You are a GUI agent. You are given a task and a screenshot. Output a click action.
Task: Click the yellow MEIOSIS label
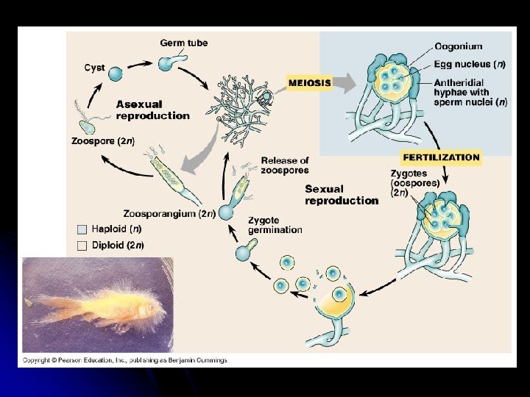(x=309, y=82)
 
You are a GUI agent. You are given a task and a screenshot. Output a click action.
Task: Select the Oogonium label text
(x=458, y=46)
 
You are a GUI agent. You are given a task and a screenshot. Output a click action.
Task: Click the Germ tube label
(x=184, y=43)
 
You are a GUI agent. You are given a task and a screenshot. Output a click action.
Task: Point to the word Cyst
(x=94, y=68)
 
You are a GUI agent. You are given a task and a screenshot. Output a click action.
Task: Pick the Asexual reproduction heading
(x=152, y=110)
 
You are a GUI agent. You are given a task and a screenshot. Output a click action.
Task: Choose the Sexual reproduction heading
(x=342, y=195)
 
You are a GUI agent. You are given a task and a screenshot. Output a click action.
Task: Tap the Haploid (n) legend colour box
(x=82, y=229)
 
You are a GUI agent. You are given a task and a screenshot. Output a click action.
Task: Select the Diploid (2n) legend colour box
(x=82, y=245)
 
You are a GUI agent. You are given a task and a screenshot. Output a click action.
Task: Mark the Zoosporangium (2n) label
(x=169, y=214)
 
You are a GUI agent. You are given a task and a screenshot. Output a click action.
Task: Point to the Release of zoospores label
(x=284, y=165)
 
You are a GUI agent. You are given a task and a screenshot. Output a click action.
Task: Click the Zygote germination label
(x=275, y=225)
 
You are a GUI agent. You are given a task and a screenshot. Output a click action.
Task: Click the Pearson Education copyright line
(x=125, y=360)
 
